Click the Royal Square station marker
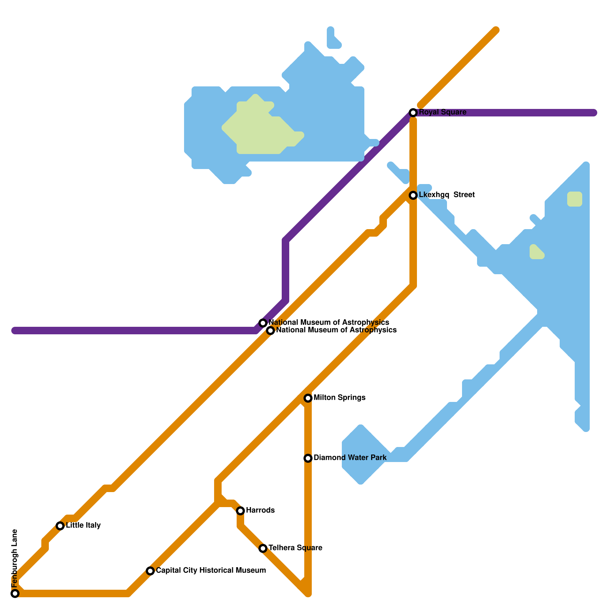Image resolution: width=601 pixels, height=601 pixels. pos(413,113)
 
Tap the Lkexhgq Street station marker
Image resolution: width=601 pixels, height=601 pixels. pos(413,195)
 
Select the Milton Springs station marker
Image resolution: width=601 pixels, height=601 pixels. pos(308,398)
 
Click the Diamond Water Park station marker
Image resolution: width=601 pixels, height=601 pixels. pos(308,458)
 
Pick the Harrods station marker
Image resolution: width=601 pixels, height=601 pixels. pos(240,511)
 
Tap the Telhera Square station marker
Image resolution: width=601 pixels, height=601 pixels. pos(263,548)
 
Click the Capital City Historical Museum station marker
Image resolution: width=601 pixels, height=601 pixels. pos(150,571)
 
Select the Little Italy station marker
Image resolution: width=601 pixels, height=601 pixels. pos(60,526)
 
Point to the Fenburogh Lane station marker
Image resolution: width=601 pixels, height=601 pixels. pos(15,593)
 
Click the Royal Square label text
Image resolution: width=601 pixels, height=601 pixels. pos(442,112)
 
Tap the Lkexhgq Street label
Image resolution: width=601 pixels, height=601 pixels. pos(447,195)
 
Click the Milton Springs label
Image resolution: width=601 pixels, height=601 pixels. pos(339,398)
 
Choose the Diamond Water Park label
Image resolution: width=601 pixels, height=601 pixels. pos(350,458)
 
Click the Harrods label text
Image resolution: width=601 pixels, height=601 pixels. pos(260,510)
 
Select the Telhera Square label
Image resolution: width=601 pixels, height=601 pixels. pos(295,548)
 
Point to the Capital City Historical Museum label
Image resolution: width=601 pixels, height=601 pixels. pos(211,571)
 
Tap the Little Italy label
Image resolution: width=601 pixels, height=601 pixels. pos(83,525)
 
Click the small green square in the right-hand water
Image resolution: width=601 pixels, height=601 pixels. pos(574,199)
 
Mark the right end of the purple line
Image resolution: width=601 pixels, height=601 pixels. pos(593,113)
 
